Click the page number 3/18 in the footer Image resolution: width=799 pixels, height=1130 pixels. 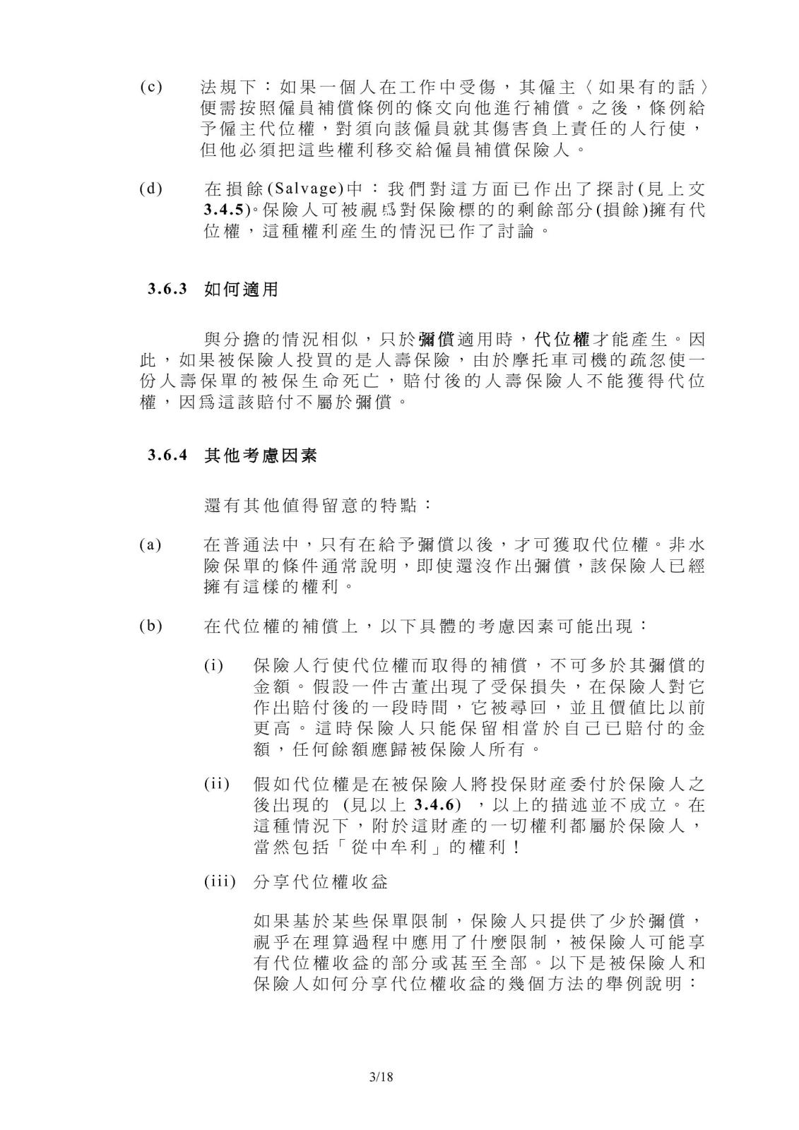click(x=380, y=1077)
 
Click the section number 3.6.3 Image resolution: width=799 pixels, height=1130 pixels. click(x=167, y=289)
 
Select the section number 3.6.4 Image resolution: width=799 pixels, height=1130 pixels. click(x=167, y=456)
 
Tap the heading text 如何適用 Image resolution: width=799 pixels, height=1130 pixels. click(x=241, y=289)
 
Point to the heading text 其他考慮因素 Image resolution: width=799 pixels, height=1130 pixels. click(x=261, y=456)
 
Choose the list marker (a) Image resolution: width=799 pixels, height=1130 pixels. click(x=150, y=545)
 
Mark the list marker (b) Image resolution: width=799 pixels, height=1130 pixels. click(x=150, y=626)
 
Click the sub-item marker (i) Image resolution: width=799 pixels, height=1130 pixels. click(x=214, y=666)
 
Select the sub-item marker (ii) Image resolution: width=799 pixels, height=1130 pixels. click(x=216, y=785)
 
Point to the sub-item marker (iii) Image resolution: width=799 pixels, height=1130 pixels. click(x=219, y=882)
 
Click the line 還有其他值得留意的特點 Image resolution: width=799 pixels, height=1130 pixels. click(x=319, y=505)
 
